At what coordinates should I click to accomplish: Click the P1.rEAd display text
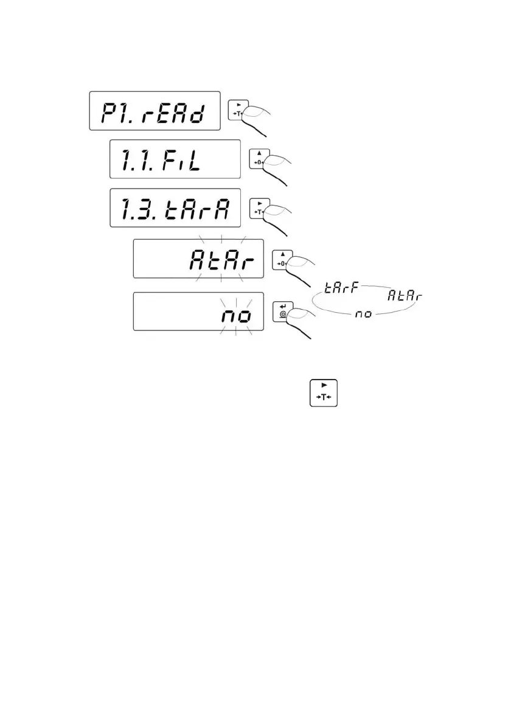click(x=154, y=111)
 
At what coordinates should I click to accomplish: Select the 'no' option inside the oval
click(x=363, y=314)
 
